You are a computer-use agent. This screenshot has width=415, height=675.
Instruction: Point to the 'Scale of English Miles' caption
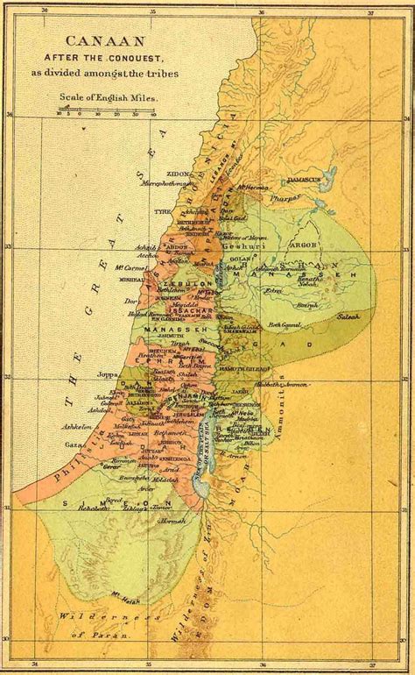(x=107, y=99)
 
